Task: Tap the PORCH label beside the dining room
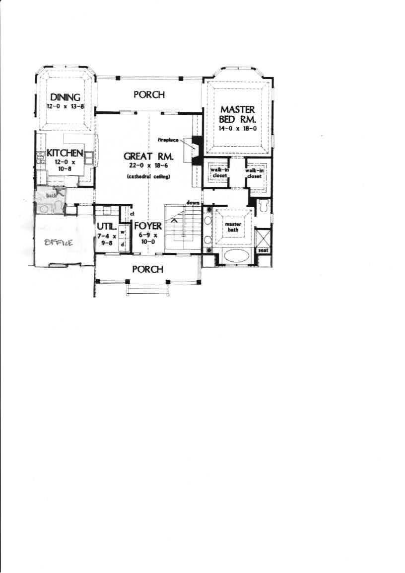pyautogui.click(x=149, y=94)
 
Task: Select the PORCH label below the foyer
pyautogui.click(x=148, y=269)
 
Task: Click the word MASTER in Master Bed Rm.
pyautogui.click(x=238, y=109)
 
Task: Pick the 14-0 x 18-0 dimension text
pyautogui.click(x=238, y=128)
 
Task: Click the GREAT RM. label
pyautogui.click(x=148, y=156)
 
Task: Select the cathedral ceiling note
pyautogui.click(x=148, y=177)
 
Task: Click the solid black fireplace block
pyautogui.click(x=196, y=147)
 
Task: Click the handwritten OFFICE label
pyautogui.click(x=59, y=243)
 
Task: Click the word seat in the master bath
pyautogui.click(x=263, y=250)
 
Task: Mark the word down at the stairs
pyautogui.click(x=193, y=203)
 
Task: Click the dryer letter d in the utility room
pyautogui.click(x=122, y=245)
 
